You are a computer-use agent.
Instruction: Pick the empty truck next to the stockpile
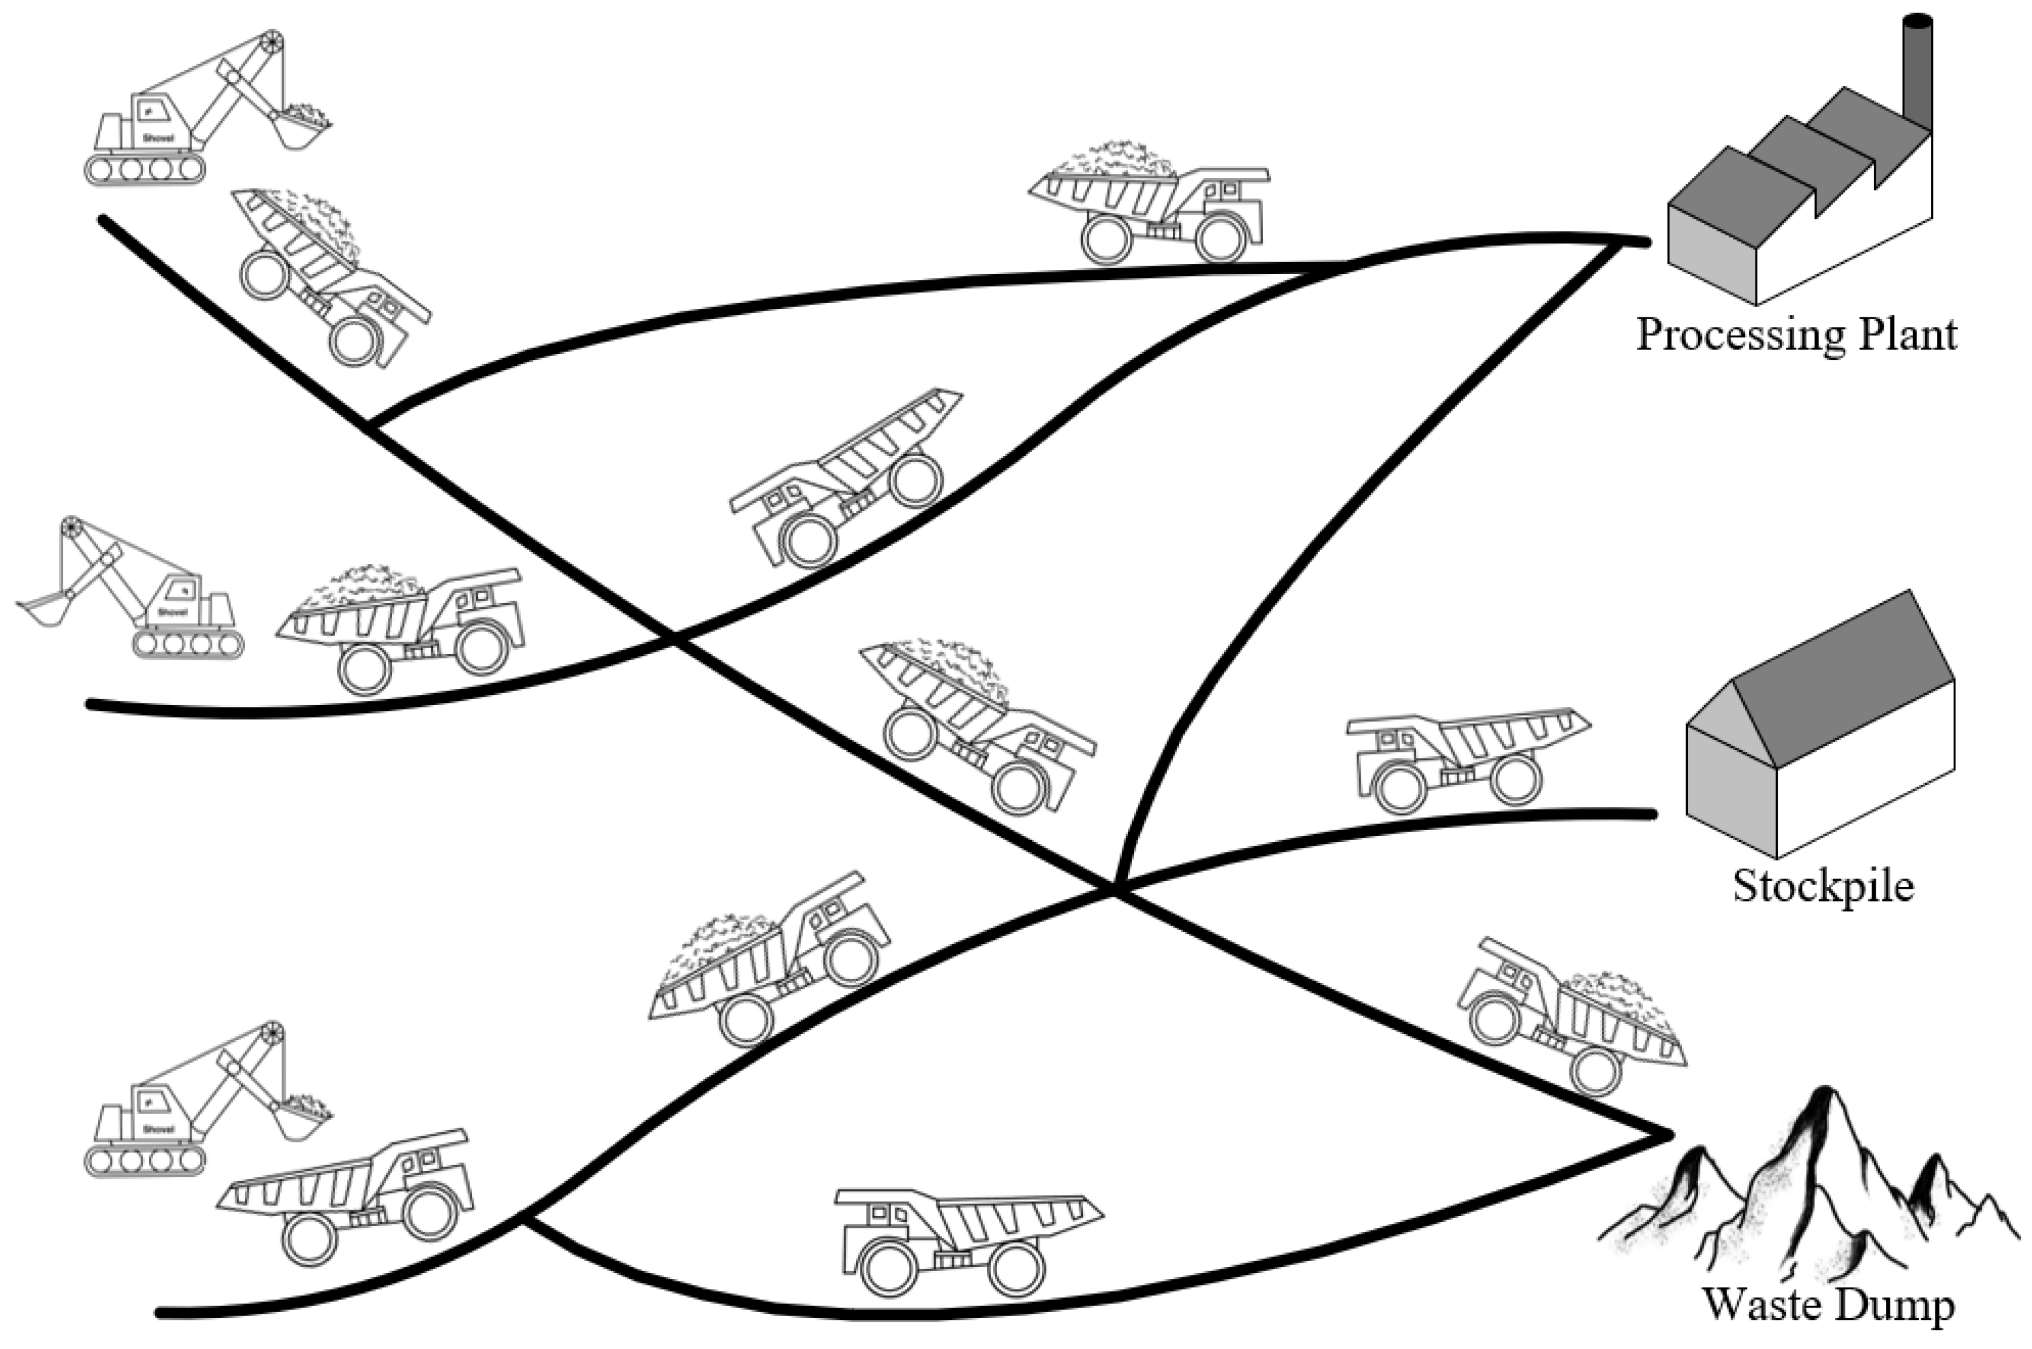pos(1462,757)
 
